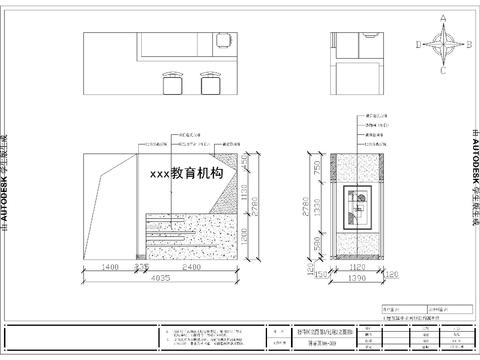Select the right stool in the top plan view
[210, 82]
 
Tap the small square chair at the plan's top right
[222, 41]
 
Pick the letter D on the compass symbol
[419, 45]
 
